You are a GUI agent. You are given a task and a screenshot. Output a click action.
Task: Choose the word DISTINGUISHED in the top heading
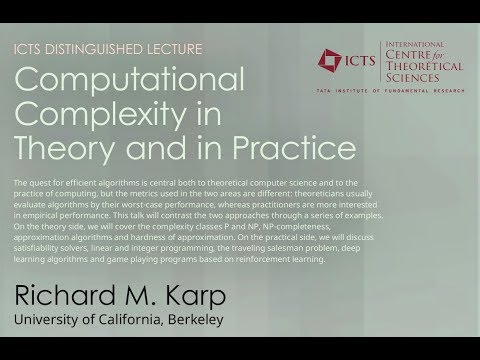105,49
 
